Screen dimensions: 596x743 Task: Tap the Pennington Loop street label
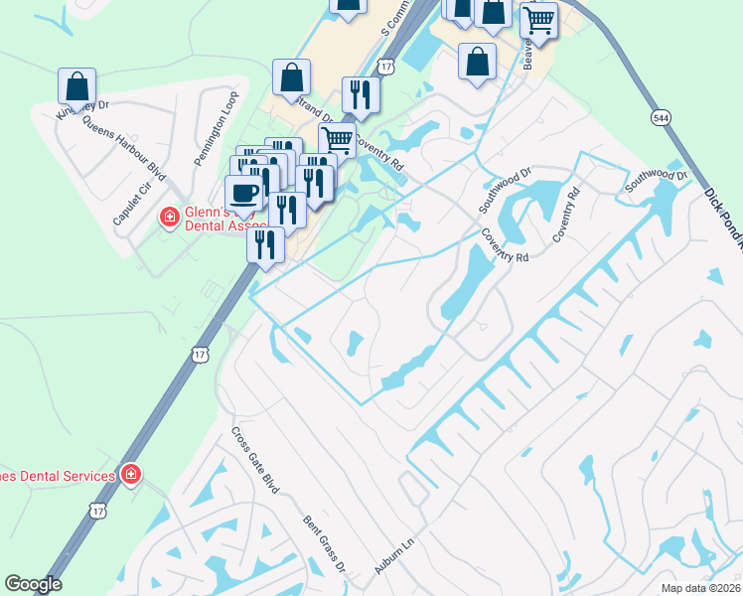(205, 128)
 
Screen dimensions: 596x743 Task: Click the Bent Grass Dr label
(325, 541)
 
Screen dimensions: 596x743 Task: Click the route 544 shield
(661, 118)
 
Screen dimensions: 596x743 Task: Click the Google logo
(33, 584)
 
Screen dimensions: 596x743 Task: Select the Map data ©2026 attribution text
(700, 588)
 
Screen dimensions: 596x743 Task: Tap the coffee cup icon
(244, 192)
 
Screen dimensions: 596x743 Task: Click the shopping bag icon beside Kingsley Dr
(76, 86)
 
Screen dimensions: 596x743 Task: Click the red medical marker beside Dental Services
(129, 476)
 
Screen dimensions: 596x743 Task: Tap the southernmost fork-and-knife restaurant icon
(264, 244)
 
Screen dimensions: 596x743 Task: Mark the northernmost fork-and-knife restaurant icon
(360, 94)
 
